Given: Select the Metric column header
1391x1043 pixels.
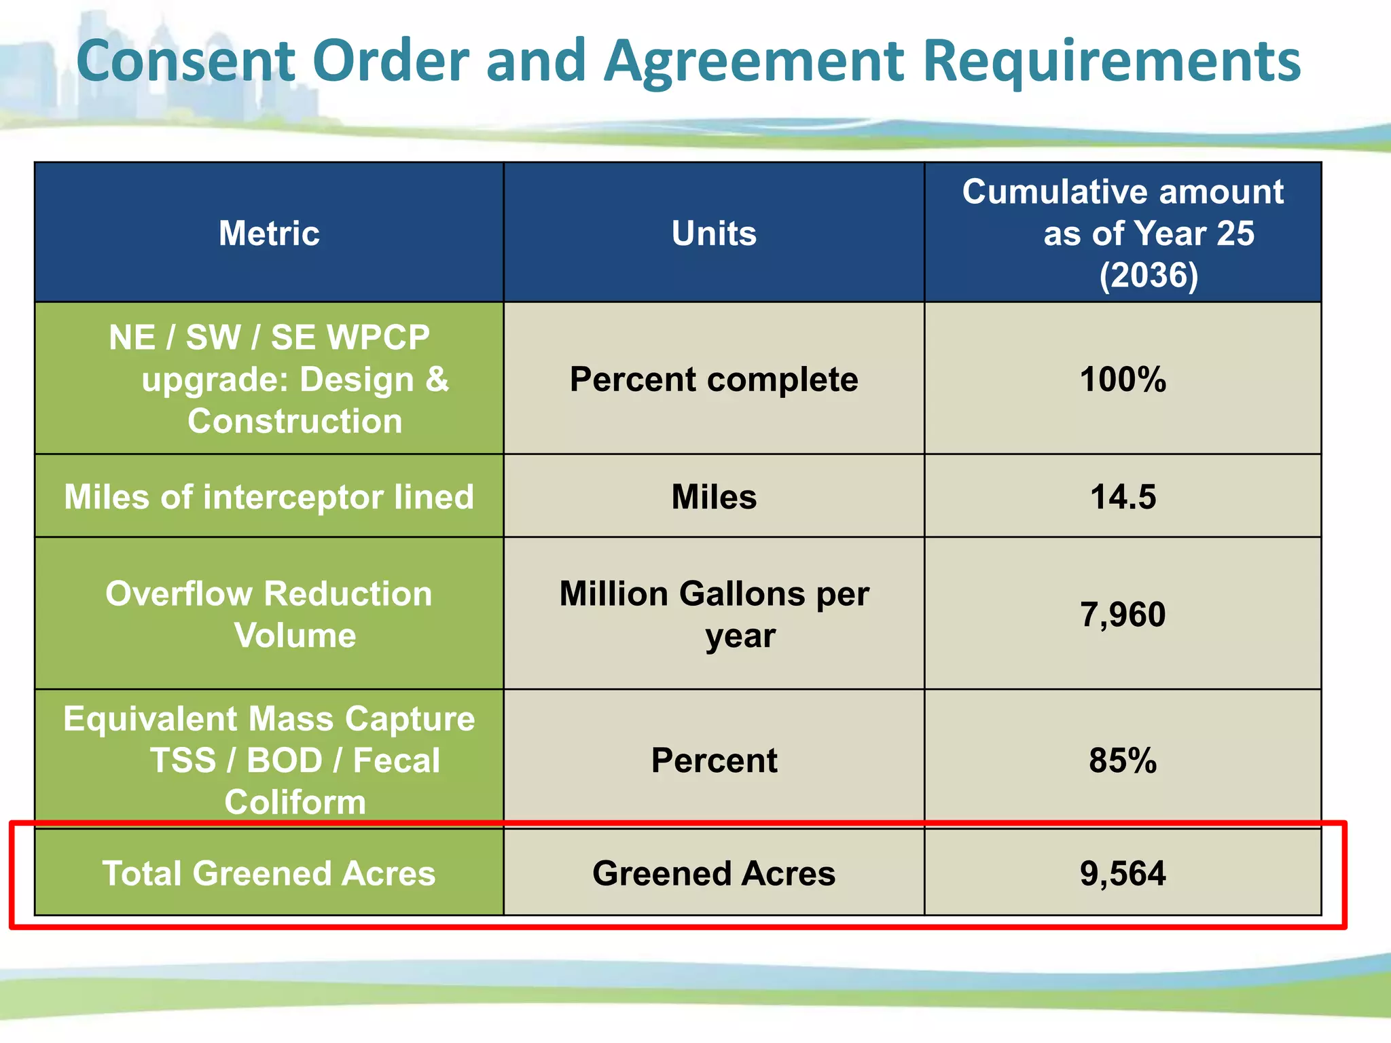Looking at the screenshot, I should coord(269,234).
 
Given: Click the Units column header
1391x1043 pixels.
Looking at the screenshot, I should coord(714,234).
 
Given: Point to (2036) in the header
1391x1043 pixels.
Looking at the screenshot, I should coord(1149,276).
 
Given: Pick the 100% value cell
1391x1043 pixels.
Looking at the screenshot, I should coord(1123,380).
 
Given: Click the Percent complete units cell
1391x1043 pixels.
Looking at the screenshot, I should coord(714,380).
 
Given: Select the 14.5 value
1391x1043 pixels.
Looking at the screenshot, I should coord(1123,497).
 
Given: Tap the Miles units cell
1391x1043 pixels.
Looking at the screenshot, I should coord(714,497).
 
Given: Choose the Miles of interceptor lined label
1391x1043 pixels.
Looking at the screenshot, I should coord(269,497).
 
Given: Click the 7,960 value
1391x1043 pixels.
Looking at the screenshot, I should coord(1123,615).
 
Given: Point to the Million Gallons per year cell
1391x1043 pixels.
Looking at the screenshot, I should coord(714,615).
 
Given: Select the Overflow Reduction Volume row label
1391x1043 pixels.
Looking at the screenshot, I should coord(269,615).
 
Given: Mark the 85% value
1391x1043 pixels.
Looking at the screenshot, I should coord(1123,761).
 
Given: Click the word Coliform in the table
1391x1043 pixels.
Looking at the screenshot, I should coord(295,803).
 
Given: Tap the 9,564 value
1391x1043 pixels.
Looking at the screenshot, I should coord(1123,873).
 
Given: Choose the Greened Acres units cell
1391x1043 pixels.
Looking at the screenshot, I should coord(714,873).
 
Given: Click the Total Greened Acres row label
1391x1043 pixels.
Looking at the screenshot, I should coord(269,873).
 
